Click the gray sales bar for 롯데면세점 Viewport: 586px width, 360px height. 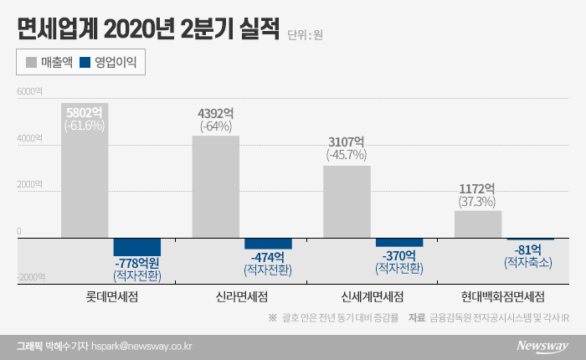85,171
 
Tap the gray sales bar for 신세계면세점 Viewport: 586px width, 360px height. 347,202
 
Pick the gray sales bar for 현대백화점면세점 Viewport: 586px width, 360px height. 478,224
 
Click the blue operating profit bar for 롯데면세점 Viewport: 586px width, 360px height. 137,247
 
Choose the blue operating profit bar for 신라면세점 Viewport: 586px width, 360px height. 268,244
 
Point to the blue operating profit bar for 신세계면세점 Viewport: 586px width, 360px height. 399,243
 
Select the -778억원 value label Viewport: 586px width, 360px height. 138,263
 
